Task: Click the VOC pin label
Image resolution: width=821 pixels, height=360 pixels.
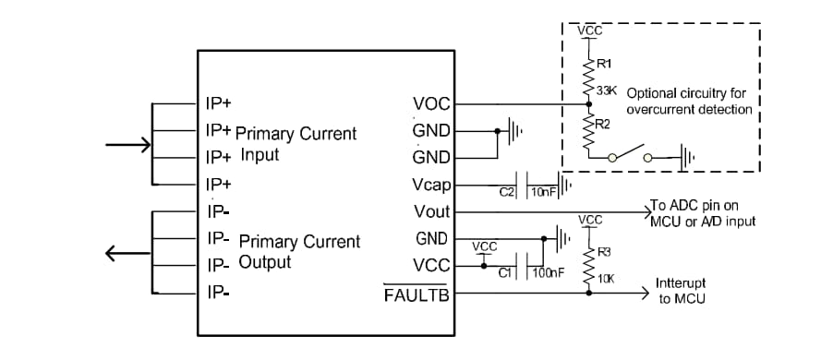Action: point(431,104)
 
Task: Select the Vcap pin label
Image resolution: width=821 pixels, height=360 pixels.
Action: point(430,186)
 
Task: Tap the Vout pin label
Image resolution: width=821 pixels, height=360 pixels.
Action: point(431,212)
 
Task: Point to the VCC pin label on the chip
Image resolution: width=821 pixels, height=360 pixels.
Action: point(431,266)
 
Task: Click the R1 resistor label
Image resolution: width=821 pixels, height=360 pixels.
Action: point(604,64)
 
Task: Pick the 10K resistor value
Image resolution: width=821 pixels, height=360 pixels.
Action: point(606,278)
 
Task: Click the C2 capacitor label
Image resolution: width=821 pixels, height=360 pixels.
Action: point(506,192)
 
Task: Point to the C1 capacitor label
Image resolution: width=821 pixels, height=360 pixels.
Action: point(504,272)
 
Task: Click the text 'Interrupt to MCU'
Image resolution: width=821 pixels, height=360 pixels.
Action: point(683,290)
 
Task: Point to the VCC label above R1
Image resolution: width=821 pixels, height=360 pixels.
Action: point(589,31)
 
